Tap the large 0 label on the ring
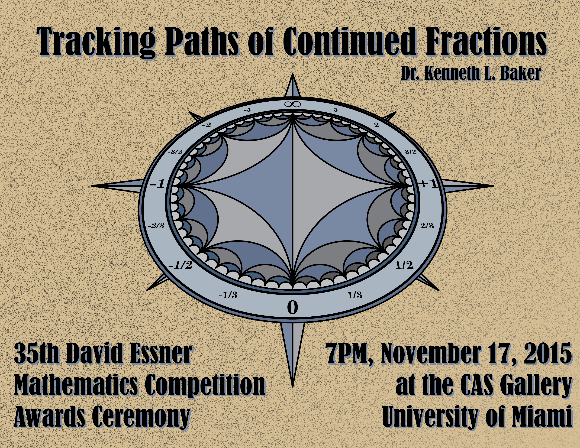coord(292,308)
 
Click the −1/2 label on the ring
coord(180,265)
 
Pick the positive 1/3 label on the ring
coord(355,295)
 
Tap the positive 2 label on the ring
coord(376,125)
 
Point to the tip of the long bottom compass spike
coord(292,387)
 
